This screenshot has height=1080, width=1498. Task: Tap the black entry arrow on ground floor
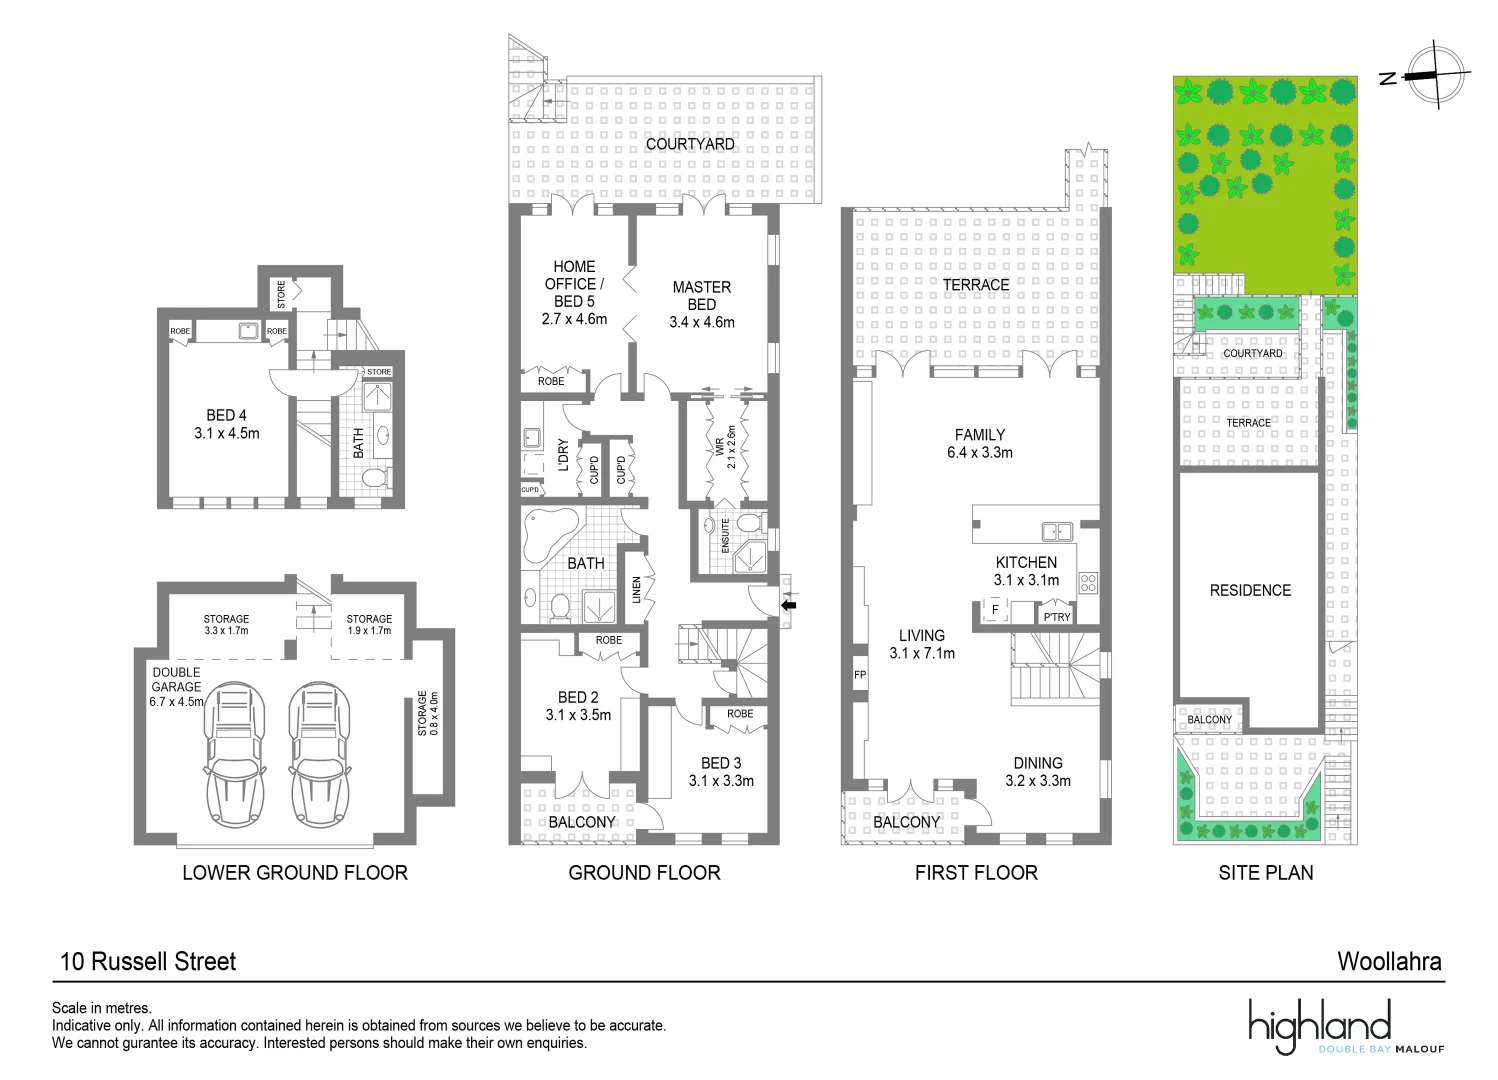pyautogui.click(x=789, y=604)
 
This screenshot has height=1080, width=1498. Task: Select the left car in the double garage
pyautogui.click(x=235, y=754)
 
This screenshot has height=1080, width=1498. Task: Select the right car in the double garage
pyautogui.click(x=320, y=754)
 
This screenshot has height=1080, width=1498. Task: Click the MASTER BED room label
pyautogui.click(x=701, y=295)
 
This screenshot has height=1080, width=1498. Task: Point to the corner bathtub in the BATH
pyautogui.click(x=549, y=533)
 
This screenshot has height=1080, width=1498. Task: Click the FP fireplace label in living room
pyautogui.click(x=860, y=675)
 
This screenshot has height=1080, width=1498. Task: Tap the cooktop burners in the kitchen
pyautogui.click(x=1088, y=582)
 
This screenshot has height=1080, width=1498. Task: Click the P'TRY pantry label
pyautogui.click(x=1057, y=617)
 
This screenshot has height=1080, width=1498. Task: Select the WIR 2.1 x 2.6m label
pyautogui.click(x=725, y=447)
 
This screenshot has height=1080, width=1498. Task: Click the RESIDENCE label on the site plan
pyautogui.click(x=1250, y=590)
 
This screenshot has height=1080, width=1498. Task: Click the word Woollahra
pyautogui.click(x=1389, y=961)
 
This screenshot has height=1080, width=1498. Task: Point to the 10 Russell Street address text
pyautogui.click(x=148, y=961)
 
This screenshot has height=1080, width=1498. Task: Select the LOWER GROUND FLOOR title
pyautogui.click(x=295, y=872)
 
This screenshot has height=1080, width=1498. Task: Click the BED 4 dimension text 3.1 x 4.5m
pyautogui.click(x=227, y=433)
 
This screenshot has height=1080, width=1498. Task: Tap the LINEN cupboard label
pyautogui.click(x=636, y=590)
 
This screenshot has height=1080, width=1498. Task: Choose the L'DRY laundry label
pyautogui.click(x=563, y=455)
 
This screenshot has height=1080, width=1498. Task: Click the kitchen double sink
pyautogui.click(x=1057, y=532)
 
